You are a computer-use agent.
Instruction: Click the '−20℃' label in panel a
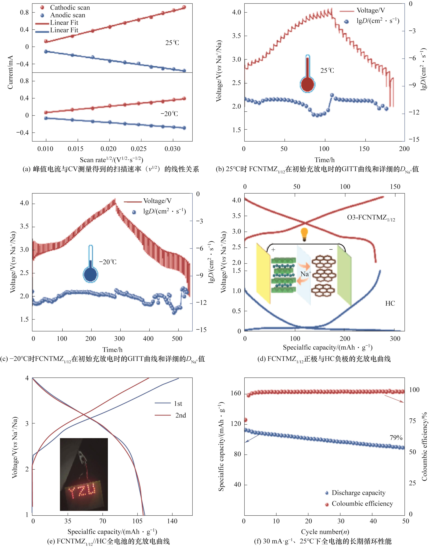[169, 114]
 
